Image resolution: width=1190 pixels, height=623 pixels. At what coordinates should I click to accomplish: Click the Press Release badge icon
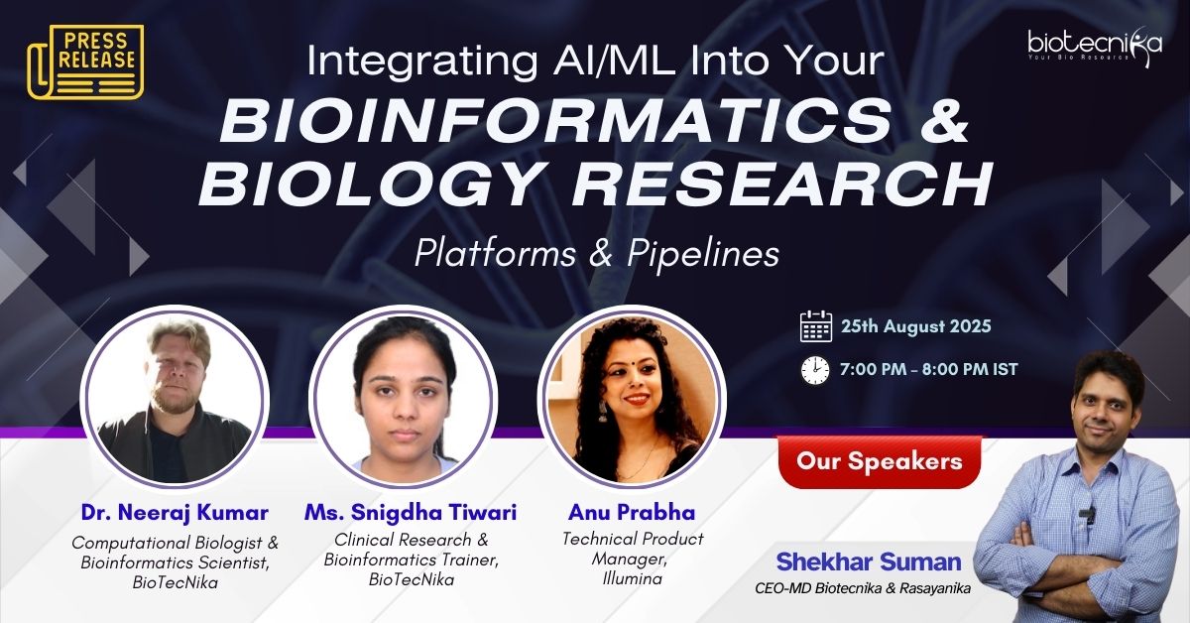tap(85, 62)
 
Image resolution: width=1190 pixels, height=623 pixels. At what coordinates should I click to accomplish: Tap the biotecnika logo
tap(1095, 44)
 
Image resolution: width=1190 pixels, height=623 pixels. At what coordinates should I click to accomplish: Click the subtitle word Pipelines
tap(703, 254)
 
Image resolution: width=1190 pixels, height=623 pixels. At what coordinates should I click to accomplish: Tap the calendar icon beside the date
tap(816, 326)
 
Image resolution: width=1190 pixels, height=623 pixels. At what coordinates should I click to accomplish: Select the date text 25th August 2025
tap(916, 325)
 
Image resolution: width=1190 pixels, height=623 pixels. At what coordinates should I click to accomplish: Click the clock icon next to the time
tap(815, 369)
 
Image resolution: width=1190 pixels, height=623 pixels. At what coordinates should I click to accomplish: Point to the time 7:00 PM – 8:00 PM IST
tap(929, 369)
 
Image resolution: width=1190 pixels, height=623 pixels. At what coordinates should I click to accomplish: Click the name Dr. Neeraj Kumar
tap(175, 513)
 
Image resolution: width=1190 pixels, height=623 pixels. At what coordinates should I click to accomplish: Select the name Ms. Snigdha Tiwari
tap(411, 513)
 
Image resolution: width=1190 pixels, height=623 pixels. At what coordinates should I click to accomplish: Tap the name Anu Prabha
tap(632, 513)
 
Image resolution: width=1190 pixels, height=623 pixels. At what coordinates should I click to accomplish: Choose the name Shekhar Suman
tap(869, 561)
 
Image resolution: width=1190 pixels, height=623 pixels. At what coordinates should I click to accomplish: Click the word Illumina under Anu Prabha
tap(633, 579)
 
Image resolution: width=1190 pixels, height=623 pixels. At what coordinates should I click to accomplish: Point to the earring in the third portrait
tap(603, 411)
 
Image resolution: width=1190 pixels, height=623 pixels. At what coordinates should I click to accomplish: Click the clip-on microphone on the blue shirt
tap(1087, 514)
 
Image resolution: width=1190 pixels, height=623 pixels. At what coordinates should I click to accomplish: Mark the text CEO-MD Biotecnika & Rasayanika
tap(863, 588)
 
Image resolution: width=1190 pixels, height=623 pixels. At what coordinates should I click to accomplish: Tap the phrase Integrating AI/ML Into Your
tap(596, 62)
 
